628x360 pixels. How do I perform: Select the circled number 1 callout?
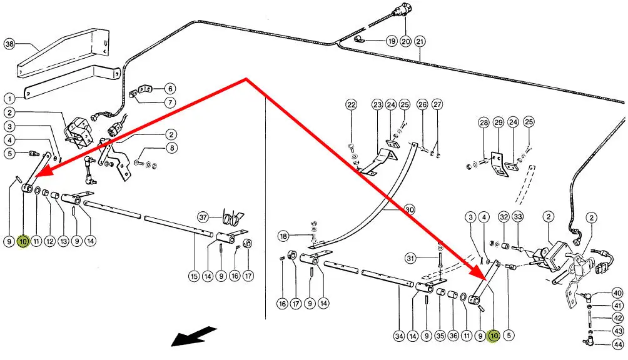(9, 98)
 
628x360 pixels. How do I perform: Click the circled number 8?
(171, 148)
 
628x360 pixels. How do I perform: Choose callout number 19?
(392, 41)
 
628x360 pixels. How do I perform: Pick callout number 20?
(405, 41)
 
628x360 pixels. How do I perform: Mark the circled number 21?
(420, 41)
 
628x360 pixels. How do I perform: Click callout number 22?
(352, 104)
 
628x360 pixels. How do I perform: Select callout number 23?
(377, 104)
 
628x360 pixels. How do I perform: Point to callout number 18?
(283, 236)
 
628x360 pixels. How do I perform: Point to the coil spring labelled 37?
(231, 217)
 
